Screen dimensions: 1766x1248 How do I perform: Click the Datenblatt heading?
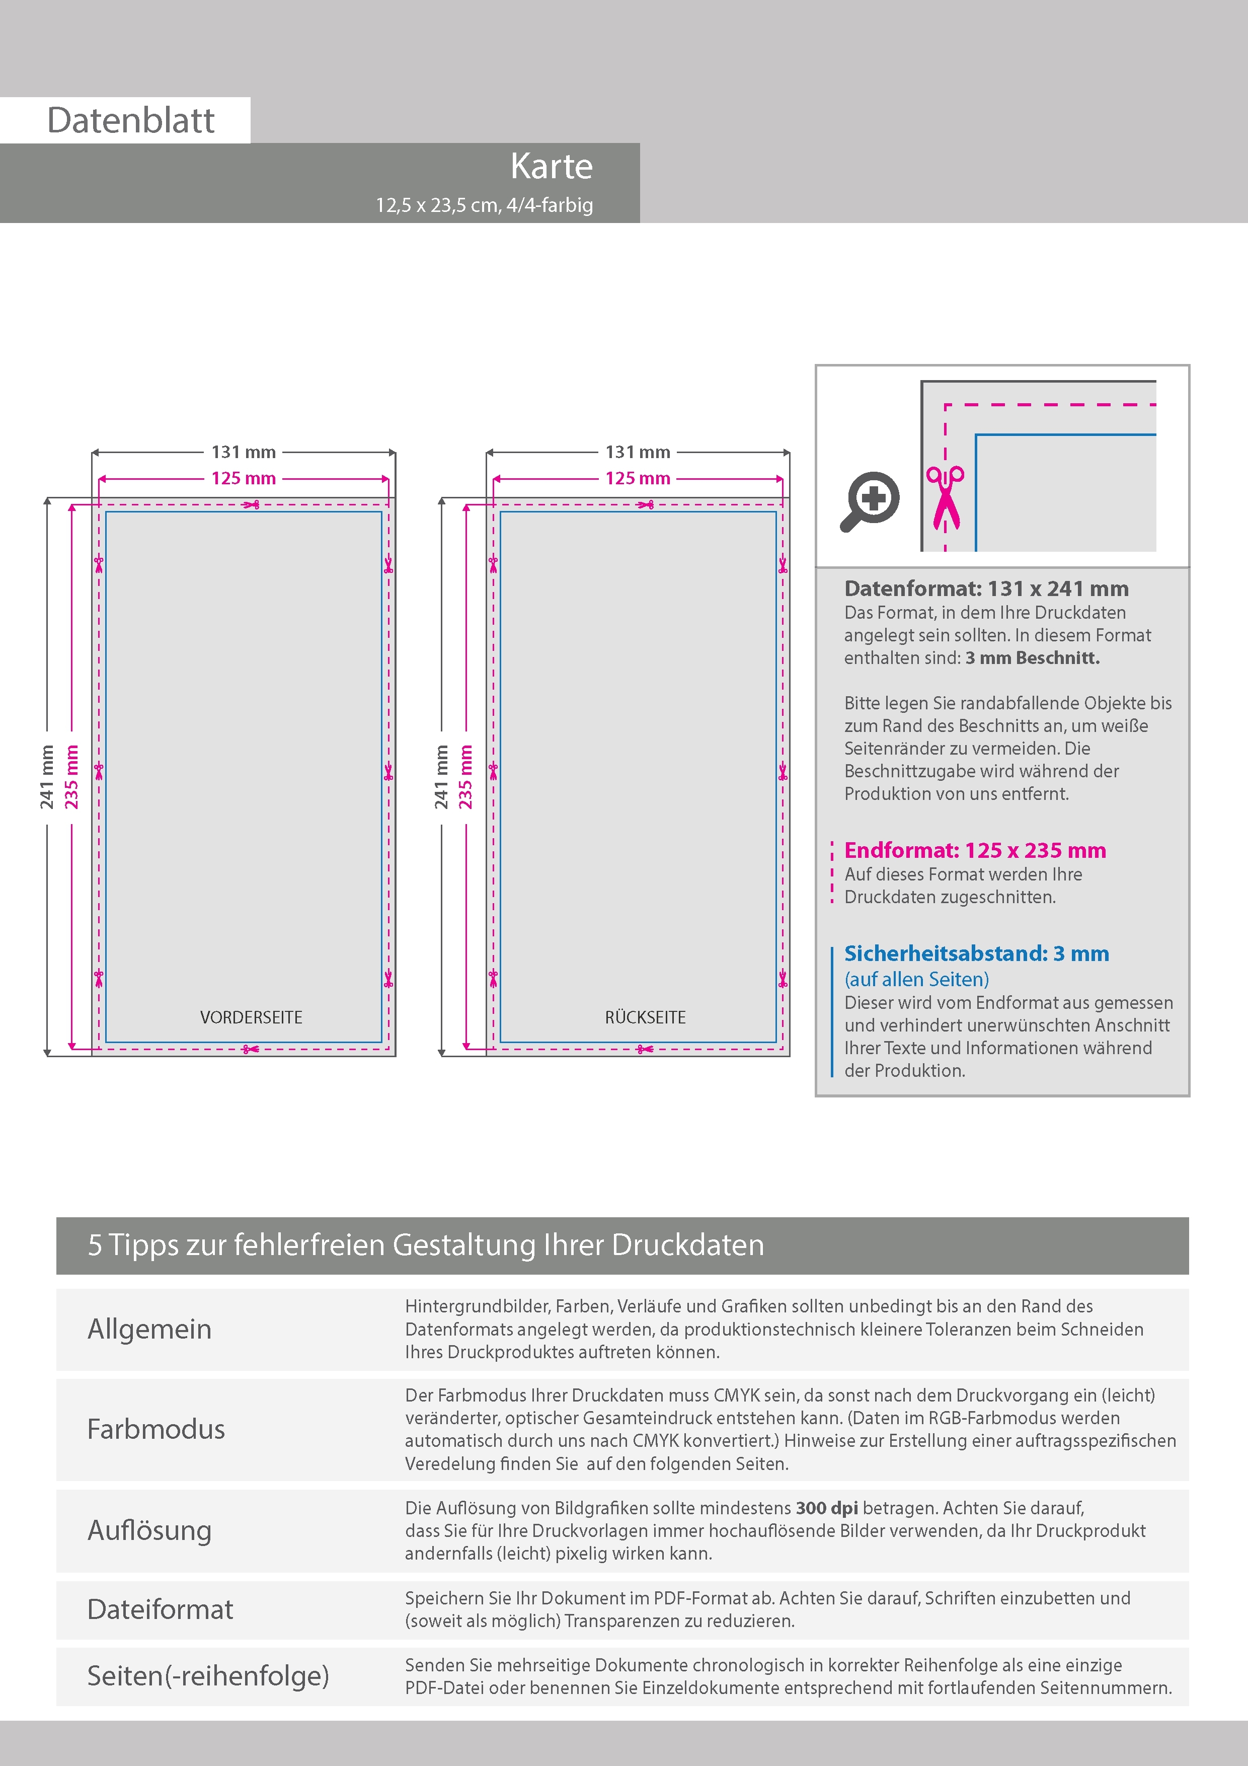[x=131, y=121]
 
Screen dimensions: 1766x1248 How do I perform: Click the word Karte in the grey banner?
[x=552, y=166]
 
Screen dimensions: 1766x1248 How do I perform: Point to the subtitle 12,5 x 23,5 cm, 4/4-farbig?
[x=485, y=205]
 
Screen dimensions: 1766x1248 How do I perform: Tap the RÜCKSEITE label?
[x=645, y=1017]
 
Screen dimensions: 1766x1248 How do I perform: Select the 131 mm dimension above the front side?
[x=243, y=452]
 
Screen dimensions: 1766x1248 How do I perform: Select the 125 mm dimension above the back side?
[x=638, y=478]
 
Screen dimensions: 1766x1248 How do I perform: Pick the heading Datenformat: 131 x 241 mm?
[x=986, y=589]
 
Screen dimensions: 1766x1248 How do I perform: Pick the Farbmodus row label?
[x=156, y=1429]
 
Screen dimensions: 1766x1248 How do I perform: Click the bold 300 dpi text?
[x=827, y=1508]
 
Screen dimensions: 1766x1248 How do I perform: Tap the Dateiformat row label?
[x=160, y=1609]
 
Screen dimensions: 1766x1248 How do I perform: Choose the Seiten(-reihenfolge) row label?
[x=208, y=1676]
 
